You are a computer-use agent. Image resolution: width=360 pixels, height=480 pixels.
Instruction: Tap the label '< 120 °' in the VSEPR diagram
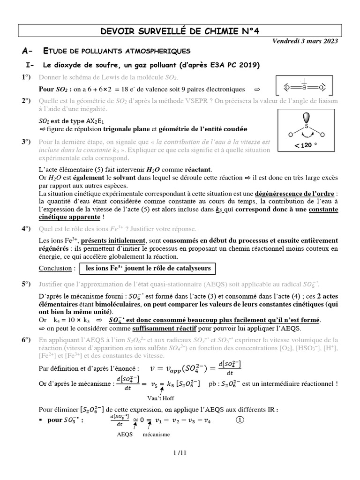(303, 145)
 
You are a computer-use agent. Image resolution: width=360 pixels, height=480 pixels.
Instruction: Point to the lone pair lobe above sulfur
(307, 117)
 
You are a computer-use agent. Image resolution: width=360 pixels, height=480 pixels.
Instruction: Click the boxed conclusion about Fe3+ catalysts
(148, 269)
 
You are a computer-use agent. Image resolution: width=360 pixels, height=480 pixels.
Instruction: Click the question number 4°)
(26, 228)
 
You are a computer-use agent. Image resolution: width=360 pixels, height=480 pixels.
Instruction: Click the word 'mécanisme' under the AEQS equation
(157, 435)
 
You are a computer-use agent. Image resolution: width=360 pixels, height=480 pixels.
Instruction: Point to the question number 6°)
(26, 339)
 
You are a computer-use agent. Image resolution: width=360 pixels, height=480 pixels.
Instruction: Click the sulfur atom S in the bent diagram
(307, 126)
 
